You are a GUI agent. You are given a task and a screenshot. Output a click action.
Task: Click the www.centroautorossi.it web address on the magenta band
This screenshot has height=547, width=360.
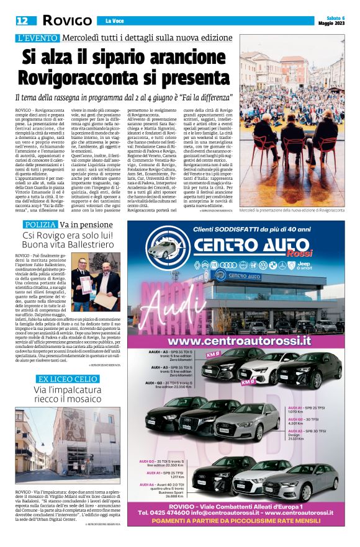pyautogui.click(x=239, y=340)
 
